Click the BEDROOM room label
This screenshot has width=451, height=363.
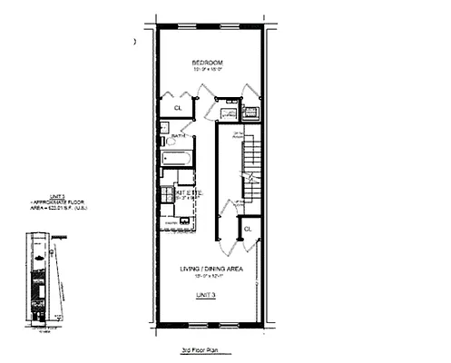click(207, 62)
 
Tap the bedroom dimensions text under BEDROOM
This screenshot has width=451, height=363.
click(207, 70)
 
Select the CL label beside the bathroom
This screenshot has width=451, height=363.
click(177, 109)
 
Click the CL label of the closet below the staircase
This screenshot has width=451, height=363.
click(247, 231)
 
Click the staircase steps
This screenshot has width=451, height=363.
click(251, 163)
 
